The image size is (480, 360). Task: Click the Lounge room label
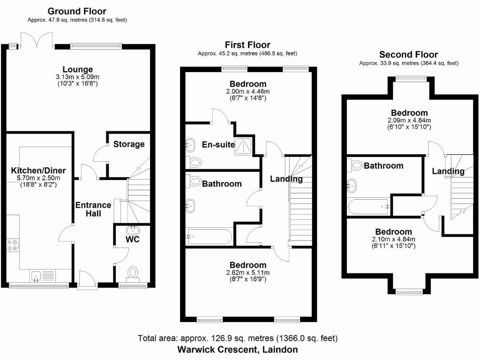tap(78, 69)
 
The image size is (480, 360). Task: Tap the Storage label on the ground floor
tap(129, 144)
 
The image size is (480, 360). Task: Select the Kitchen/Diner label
tap(38, 170)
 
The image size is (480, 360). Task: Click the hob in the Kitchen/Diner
tap(13, 246)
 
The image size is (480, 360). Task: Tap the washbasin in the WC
tap(134, 230)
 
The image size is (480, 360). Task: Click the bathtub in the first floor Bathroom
tap(209, 237)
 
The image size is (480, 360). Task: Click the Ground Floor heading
tap(77, 11)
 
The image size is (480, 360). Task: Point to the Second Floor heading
tap(408, 54)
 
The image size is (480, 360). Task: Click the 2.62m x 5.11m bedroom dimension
tap(247, 272)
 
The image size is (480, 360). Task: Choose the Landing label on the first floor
tap(286, 179)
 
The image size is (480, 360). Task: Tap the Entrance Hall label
tap(93, 209)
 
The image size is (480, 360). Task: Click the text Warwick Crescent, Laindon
tap(237, 349)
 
